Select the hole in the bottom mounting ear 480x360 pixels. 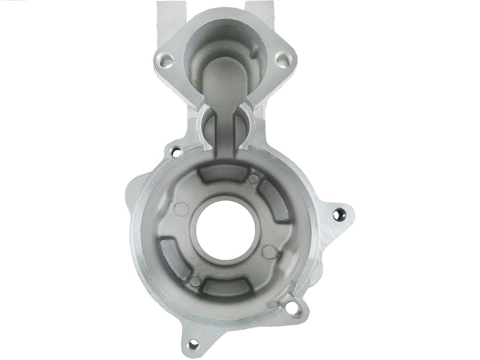pyautogui.click(x=192, y=344)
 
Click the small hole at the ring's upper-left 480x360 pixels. pyautogui.click(x=176, y=151)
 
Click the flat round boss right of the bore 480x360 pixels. pyautogui.click(x=268, y=252)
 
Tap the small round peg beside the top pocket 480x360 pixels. pyautogui.click(x=253, y=180)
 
